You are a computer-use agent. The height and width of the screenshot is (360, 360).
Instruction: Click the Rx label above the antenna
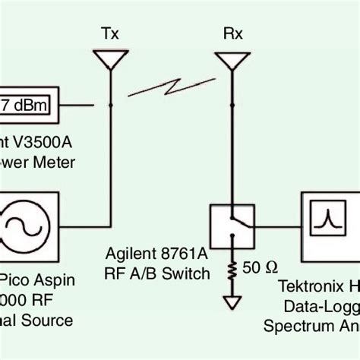228,34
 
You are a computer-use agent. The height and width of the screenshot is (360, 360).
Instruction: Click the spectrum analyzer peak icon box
327,221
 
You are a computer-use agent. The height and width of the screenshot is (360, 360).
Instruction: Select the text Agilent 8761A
156,257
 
